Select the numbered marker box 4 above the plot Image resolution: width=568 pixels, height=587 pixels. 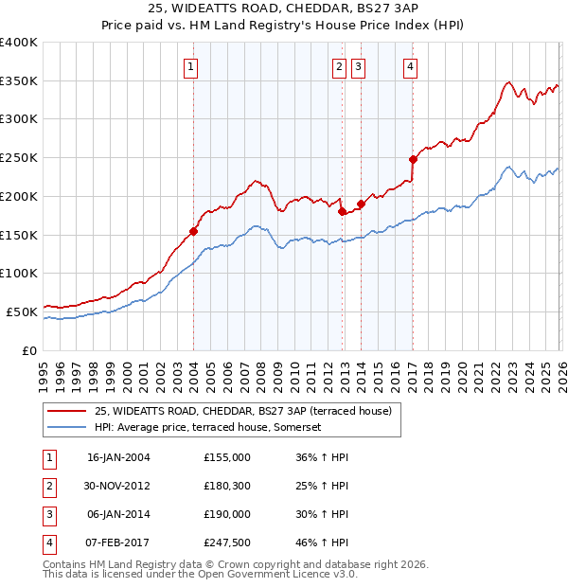point(411,66)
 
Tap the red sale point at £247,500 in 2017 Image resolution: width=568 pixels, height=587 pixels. point(413,159)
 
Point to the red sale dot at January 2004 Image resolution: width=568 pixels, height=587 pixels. point(193,231)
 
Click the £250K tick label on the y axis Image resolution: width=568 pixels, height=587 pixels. point(18,158)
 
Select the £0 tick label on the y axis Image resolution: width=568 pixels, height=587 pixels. point(29,350)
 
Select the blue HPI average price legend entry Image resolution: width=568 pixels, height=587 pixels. point(208,428)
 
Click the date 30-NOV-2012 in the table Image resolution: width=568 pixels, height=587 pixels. point(118,486)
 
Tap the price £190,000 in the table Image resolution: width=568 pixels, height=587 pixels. point(226,514)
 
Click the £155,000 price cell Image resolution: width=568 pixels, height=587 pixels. point(226,457)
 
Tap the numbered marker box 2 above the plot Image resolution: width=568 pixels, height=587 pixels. point(338,66)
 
